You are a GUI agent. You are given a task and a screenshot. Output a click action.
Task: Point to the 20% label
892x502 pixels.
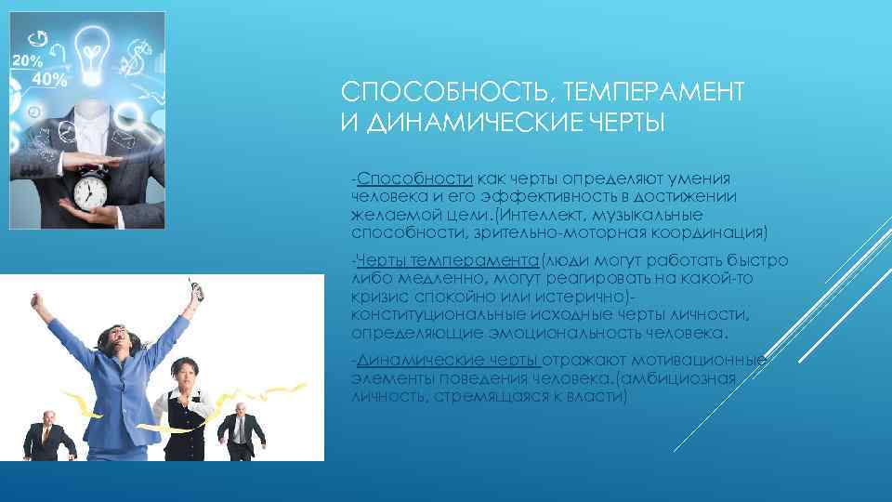click(x=27, y=60)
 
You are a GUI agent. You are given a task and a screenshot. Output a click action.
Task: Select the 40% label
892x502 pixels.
click(x=49, y=79)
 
